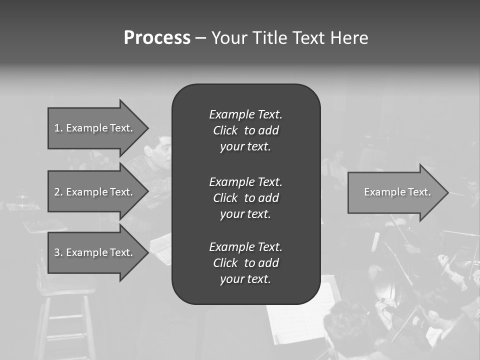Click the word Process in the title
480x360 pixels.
point(157,38)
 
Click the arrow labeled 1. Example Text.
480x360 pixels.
point(95,128)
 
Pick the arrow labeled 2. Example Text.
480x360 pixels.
point(95,192)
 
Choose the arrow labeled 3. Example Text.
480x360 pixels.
point(95,252)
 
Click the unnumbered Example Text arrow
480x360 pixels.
point(395,192)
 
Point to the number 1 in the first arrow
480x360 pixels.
point(57,128)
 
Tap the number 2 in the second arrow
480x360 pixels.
point(57,192)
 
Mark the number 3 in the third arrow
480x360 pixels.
point(57,252)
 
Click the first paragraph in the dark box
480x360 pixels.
point(245,130)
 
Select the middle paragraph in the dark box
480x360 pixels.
point(245,198)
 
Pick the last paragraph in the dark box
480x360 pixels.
point(245,263)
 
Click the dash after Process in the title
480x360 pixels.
point(200,38)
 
